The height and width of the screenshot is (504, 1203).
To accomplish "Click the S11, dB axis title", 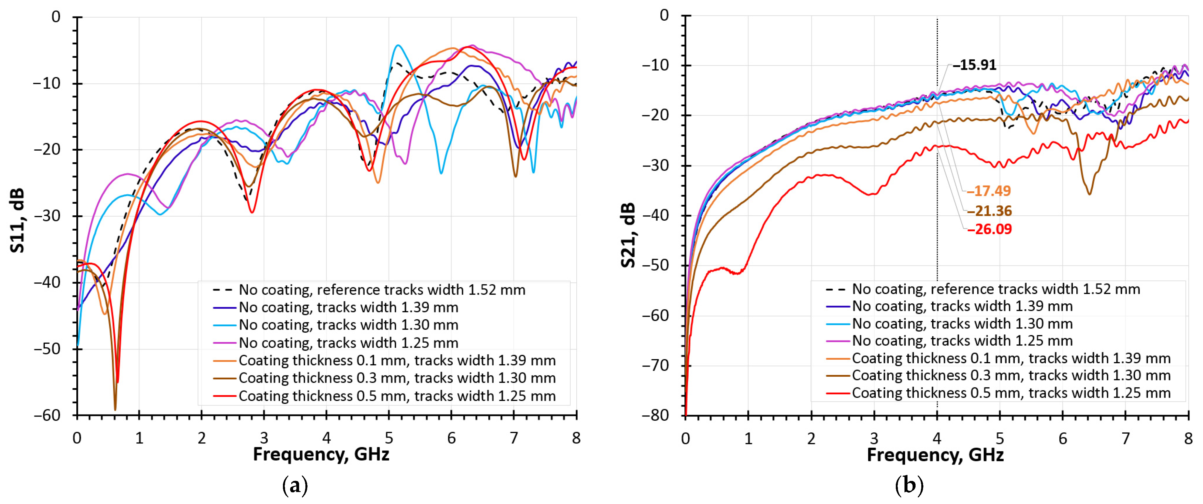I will (17, 220).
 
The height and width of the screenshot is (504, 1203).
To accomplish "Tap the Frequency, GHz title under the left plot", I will (321, 454).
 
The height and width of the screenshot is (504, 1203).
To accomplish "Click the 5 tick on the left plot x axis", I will (389, 438).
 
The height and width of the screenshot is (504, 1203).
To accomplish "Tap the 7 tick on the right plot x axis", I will (1125, 438).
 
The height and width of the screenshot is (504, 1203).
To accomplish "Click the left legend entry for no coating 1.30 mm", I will (348, 325).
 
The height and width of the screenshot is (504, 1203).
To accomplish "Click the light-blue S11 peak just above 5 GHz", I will (397, 46).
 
